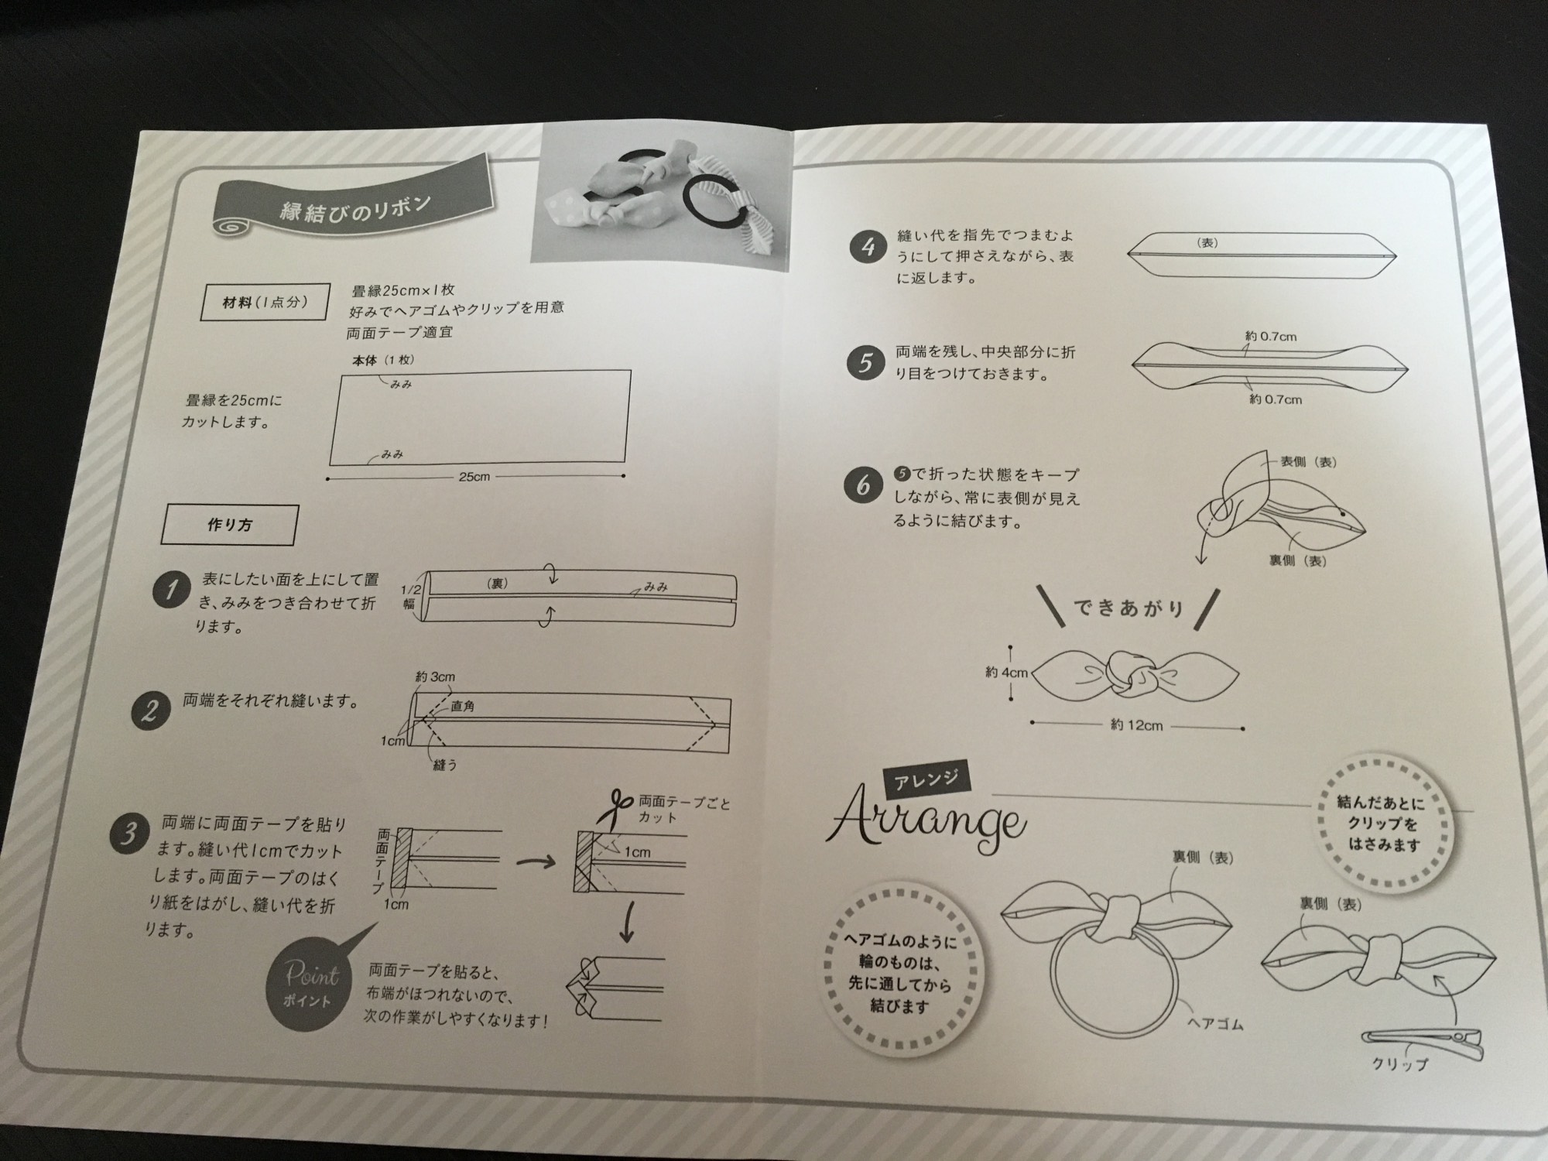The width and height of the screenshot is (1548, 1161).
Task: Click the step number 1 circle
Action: point(170,591)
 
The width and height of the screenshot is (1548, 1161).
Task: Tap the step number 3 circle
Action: point(128,834)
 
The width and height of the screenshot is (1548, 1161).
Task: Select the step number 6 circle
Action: point(863,485)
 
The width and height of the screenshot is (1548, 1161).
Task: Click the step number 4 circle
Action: point(866,247)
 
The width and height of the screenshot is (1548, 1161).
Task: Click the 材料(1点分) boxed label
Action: point(265,303)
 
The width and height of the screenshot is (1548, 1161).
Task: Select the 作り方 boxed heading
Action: point(229,525)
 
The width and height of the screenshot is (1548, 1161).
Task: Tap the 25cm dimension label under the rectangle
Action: point(474,477)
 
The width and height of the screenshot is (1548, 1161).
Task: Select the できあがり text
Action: point(1128,608)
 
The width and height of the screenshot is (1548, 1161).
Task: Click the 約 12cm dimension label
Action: point(1136,725)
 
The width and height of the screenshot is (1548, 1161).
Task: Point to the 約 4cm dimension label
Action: point(1006,673)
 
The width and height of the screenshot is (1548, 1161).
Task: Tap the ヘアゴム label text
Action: point(1215,1025)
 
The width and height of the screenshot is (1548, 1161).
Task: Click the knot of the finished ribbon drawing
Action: point(1131,671)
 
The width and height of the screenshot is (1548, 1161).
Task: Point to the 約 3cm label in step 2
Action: point(435,676)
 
